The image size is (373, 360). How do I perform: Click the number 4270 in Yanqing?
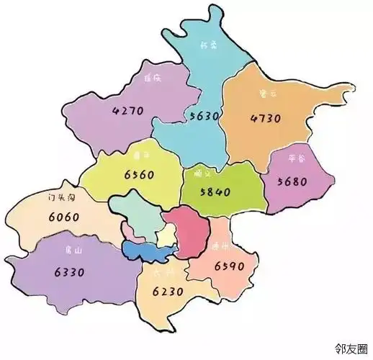click(129, 112)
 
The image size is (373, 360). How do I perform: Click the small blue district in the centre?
click(148, 250)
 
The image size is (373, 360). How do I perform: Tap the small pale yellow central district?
click(165, 234)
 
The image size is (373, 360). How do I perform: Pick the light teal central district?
click(139, 216)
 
